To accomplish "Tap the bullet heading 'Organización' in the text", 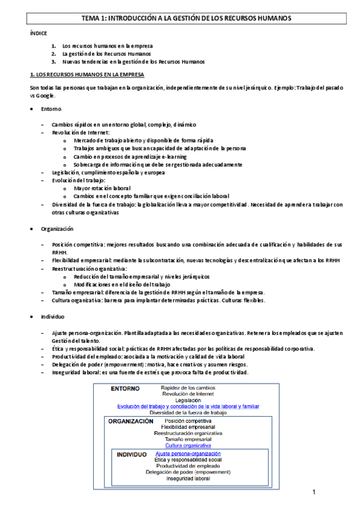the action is [x=56, y=229].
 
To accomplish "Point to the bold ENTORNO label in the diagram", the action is [x=125, y=389].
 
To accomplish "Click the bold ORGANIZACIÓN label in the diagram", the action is [x=131, y=422].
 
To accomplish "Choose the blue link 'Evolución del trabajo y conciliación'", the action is [x=188, y=407].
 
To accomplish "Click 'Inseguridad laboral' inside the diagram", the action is [x=188, y=479].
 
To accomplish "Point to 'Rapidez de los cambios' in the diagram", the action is [x=188, y=388].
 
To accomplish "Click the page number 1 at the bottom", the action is [x=314, y=493].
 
